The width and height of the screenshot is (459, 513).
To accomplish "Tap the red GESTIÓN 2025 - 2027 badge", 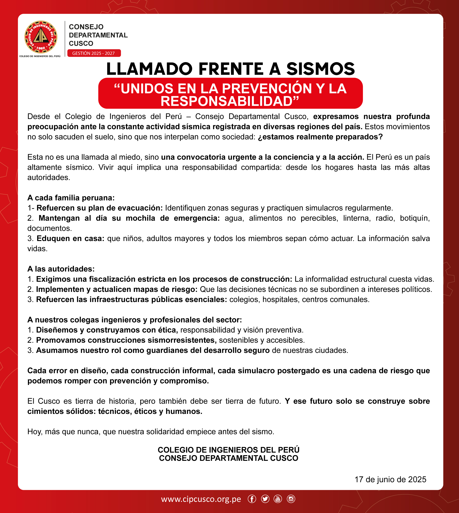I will (x=94, y=53).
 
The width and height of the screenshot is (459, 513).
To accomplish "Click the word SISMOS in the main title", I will (x=320, y=69).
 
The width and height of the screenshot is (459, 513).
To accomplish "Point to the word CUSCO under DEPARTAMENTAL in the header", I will (x=81, y=43).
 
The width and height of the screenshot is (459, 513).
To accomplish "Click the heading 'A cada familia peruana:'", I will (x=71, y=198).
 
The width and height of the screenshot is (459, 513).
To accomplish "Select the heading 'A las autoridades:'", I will (x=61, y=269).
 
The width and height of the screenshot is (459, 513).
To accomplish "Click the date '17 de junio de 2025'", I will (x=390, y=479).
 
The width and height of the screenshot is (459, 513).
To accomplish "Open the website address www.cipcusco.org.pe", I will (x=201, y=499).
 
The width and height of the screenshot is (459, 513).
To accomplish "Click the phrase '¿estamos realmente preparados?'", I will (x=320, y=137).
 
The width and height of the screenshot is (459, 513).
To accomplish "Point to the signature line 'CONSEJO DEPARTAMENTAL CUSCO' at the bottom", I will (x=229, y=458).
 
